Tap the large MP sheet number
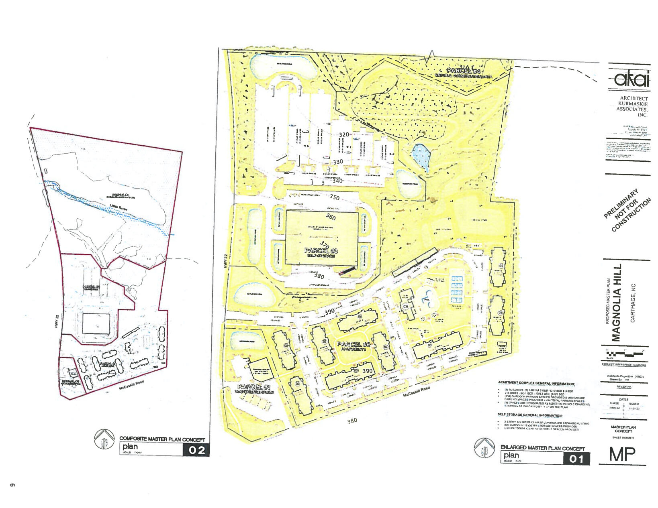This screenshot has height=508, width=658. tap(622, 454)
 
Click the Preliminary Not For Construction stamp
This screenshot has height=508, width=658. tap(627, 209)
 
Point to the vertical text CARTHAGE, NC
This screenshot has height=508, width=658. tap(633, 303)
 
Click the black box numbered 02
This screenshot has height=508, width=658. tap(196, 450)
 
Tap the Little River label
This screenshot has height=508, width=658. tap(119, 207)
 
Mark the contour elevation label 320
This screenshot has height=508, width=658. tap(344, 135)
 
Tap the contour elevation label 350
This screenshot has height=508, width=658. tap(334, 197)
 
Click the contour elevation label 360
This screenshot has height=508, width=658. tap(331, 217)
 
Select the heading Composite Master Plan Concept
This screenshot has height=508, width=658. tap(162, 439)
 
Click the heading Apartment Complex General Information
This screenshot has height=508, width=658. tap(536, 384)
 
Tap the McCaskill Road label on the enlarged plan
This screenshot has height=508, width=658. tap(416, 391)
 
